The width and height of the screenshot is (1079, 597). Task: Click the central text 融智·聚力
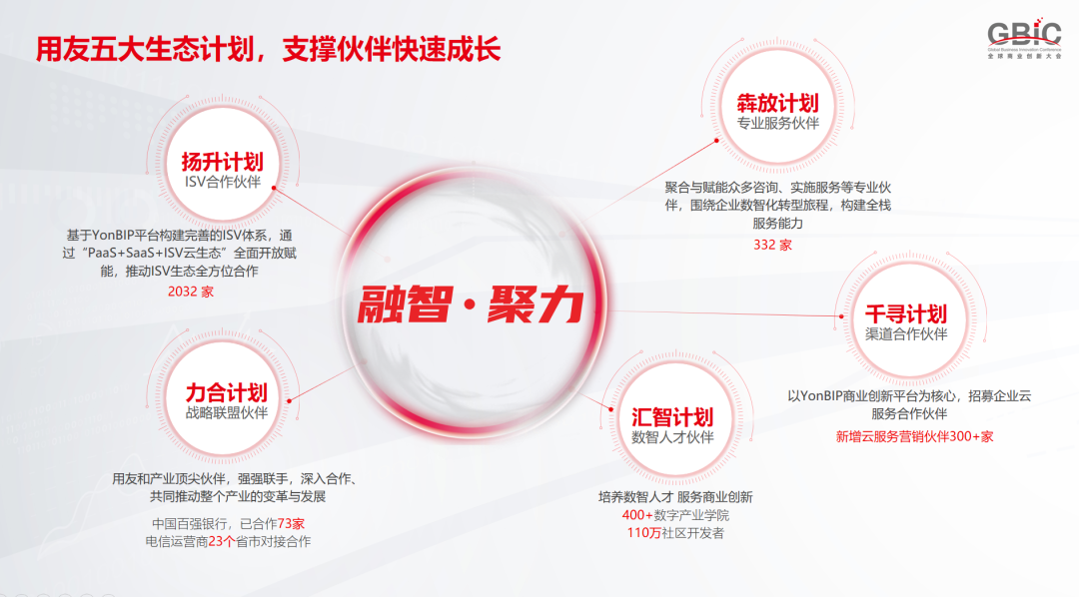(x=471, y=304)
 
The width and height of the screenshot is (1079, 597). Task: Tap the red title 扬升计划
(x=222, y=163)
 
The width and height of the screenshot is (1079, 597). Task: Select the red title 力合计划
(x=226, y=392)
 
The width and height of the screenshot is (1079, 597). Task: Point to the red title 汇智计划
(x=672, y=416)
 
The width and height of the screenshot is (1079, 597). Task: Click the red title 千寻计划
(x=906, y=313)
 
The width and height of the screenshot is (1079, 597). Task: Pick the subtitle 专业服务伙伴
(x=778, y=123)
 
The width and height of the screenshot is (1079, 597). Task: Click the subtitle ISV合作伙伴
(x=222, y=182)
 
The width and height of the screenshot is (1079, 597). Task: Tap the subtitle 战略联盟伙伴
(x=226, y=412)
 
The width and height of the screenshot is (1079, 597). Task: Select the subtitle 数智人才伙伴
(x=672, y=436)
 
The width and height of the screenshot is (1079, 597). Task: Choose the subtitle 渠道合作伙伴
(x=906, y=333)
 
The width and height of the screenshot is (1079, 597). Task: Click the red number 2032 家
(x=191, y=292)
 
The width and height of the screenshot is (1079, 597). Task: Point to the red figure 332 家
(x=772, y=245)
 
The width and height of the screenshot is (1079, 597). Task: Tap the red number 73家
(x=291, y=524)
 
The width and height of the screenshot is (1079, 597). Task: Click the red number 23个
(x=222, y=542)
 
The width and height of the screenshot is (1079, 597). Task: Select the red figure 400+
(x=637, y=515)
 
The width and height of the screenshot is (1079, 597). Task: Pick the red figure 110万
(x=643, y=533)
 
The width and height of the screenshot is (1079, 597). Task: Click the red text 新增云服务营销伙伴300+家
(x=914, y=436)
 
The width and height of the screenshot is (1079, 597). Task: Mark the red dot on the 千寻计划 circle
(x=841, y=316)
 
